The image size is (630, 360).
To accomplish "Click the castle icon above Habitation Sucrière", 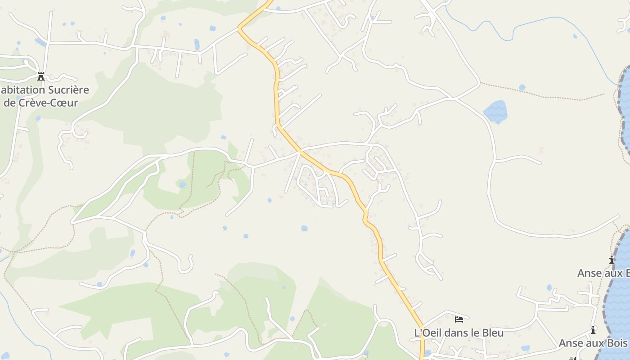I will [x=41, y=76].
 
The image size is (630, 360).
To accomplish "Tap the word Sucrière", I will [x=67, y=90].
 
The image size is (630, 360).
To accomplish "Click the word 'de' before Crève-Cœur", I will [x=10, y=103].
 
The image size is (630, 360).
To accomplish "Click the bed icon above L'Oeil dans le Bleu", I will [x=459, y=319].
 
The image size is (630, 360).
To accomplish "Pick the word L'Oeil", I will [x=427, y=333].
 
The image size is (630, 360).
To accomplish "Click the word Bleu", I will [x=494, y=333].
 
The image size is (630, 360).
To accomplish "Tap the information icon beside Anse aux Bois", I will [x=593, y=330].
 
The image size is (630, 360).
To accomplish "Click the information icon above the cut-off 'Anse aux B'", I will [x=612, y=260].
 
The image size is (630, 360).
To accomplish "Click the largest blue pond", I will [x=495, y=112].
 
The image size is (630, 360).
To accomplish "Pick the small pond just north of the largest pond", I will [x=522, y=87].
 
